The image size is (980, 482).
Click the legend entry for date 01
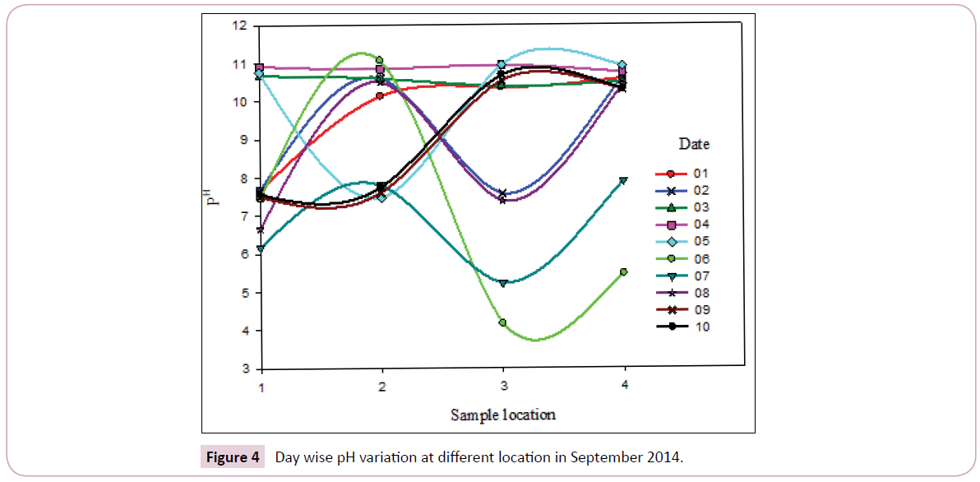pyautogui.click(x=682, y=174)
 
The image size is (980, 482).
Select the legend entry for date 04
pyautogui.click(x=682, y=225)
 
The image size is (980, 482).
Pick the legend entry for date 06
pyautogui.click(x=682, y=259)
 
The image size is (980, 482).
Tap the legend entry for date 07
pyautogui.click(x=682, y=276)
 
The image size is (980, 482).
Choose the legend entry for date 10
pyautogui.click(x=682, y=327)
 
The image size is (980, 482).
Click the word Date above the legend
pyautogui.click(x=694, y=144)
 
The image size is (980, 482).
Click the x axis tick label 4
pyautogui.click(x=624, y=385)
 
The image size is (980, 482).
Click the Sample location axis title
pyautogui.click(x=502, y=415)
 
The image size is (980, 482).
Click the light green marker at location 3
pyautogui.click(x=502, y=322)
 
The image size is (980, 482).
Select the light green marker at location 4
pyautogui.click(x=624, y=271)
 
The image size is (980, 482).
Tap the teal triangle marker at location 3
pyautogui.click(x=502, y=283)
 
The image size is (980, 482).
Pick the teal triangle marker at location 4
pyautogui.click(x=624, y=181)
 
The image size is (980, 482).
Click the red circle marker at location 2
pyautogui.click(x=381, y=96)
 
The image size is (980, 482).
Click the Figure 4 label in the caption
pyautogui.click(x=233, y=457)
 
